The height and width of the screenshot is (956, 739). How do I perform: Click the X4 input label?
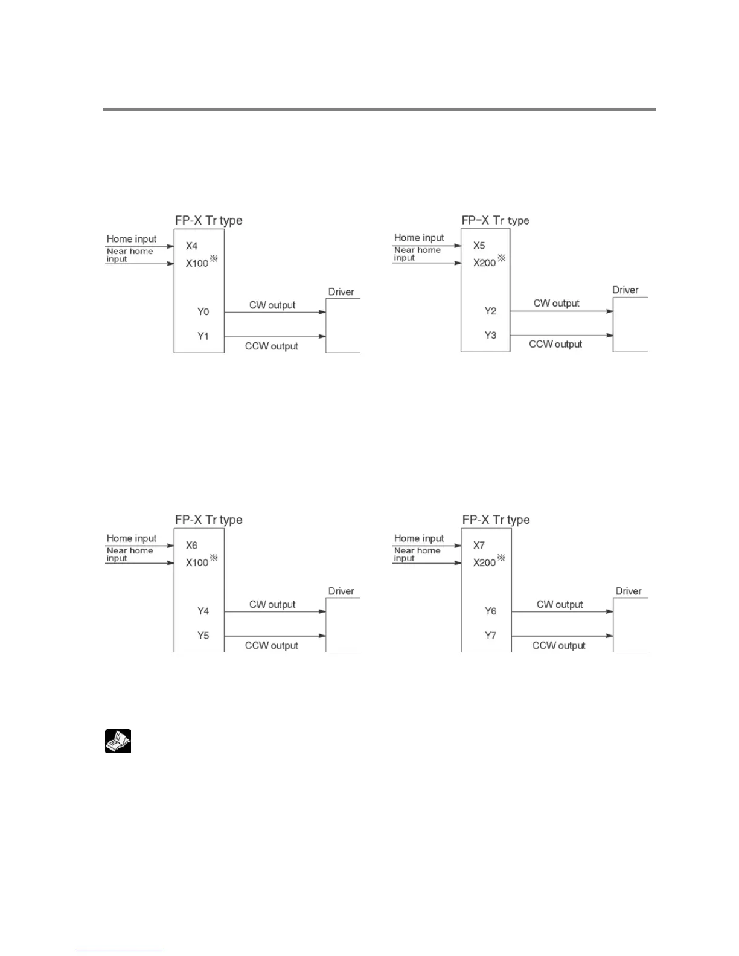(x=191, y=246)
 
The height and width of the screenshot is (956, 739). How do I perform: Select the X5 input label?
(x=479, y=246)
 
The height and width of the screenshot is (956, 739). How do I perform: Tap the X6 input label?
(x=191, y=546)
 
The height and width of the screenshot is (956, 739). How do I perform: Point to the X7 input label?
(x=479, y=546)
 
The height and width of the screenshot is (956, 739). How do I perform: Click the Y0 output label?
(x=203, y=312)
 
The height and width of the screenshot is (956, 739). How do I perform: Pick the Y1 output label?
(x=203, y=336)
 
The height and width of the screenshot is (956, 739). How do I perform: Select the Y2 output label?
(x=490, y=311)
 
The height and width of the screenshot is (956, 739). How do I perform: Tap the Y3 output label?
(x=490, y=336)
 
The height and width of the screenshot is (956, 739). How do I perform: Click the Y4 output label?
(x=203, y=611)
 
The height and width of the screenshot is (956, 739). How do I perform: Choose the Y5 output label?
(x=203, y=636)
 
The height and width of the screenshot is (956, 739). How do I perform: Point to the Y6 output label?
(x=490, y=611)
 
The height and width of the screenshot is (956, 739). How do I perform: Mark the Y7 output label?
(x=490, y=636)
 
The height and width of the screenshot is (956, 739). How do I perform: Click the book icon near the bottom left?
(x=118, y=741)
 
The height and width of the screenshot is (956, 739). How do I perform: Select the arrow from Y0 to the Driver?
(x=275, y=312)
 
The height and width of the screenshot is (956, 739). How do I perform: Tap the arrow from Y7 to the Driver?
(x=562, y=636)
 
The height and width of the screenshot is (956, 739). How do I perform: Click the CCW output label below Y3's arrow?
(x=555, y=345)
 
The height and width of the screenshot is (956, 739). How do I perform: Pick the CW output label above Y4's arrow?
(x=272, y=605)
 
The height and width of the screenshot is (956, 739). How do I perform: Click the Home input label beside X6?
(x=132, y=538)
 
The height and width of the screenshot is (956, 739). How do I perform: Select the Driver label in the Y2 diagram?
(x=625, y=290)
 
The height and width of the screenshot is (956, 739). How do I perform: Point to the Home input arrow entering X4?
(x=139, y=246)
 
